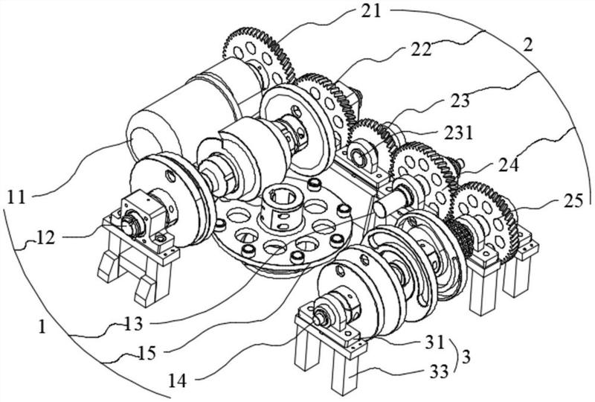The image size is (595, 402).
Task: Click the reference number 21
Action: (370, 10)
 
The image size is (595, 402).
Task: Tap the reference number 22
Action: (420, 49)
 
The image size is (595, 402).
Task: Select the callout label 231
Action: (460, 133)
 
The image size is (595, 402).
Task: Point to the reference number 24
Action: (508, 165)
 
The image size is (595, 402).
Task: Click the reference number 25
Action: (573, 200)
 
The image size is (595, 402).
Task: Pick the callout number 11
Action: (16, 197)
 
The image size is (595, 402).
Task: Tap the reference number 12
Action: (46, 238)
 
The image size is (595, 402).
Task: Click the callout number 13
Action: (134, 324)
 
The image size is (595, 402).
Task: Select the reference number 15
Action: (147, 354)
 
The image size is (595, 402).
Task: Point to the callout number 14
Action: (177, 380)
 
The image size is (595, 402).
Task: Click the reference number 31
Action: (434, 342)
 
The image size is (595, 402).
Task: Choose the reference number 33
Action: (438, 371)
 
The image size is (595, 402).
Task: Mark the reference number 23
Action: (460, 100)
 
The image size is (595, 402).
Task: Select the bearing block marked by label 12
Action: (142, 220)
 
